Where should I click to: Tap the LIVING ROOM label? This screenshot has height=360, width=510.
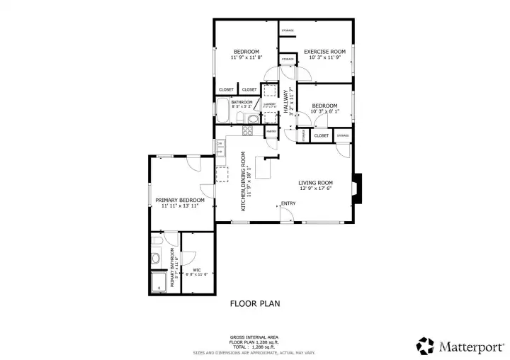[x=315, y=183]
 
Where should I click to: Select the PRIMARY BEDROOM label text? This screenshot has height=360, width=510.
[x=180, y=201]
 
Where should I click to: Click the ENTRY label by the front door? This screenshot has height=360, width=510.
[x=288, y=204]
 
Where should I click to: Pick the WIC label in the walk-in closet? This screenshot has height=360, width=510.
[x=197, y=270]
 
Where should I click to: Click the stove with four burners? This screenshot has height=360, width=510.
[x=249, y=130]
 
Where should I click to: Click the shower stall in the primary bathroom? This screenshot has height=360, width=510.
[x=158, y=282]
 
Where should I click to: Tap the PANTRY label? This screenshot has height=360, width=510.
[x=271, y=132]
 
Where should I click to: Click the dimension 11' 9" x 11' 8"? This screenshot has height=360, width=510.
[x=246, y=58]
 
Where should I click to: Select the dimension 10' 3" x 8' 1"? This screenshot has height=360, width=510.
[x=324, y=111]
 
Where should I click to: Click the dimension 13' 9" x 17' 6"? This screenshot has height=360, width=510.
[x=315, y=189]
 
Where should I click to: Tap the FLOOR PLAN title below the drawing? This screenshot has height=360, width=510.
[x=255, y=303]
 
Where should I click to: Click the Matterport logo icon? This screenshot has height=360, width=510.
[x=426, y=345]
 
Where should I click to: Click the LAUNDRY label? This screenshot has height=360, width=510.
[x=269, y=104]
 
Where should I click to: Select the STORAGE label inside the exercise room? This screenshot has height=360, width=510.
[x=288, y=30]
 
